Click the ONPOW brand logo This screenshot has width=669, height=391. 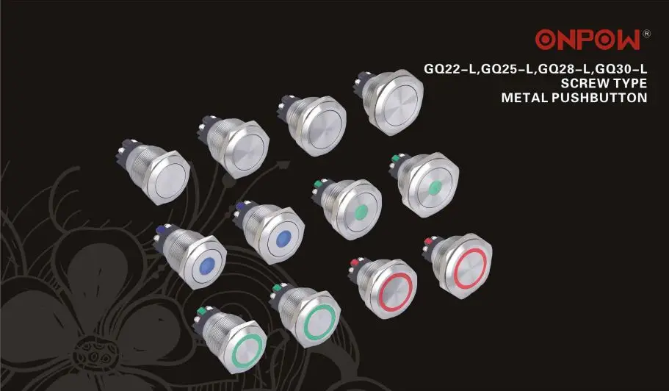[x=588, y=40]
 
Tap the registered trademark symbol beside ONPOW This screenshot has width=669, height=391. [x=646, y=33]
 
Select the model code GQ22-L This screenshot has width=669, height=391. [x=449, y=69]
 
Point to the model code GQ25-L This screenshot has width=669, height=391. [x=507, y=69]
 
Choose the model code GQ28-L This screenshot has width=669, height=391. [x=564, y=69]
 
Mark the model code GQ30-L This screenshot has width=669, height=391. [x=621, y=69]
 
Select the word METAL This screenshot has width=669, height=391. [x=524, y=98]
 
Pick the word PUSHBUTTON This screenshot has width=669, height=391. [x=599, y=98]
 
